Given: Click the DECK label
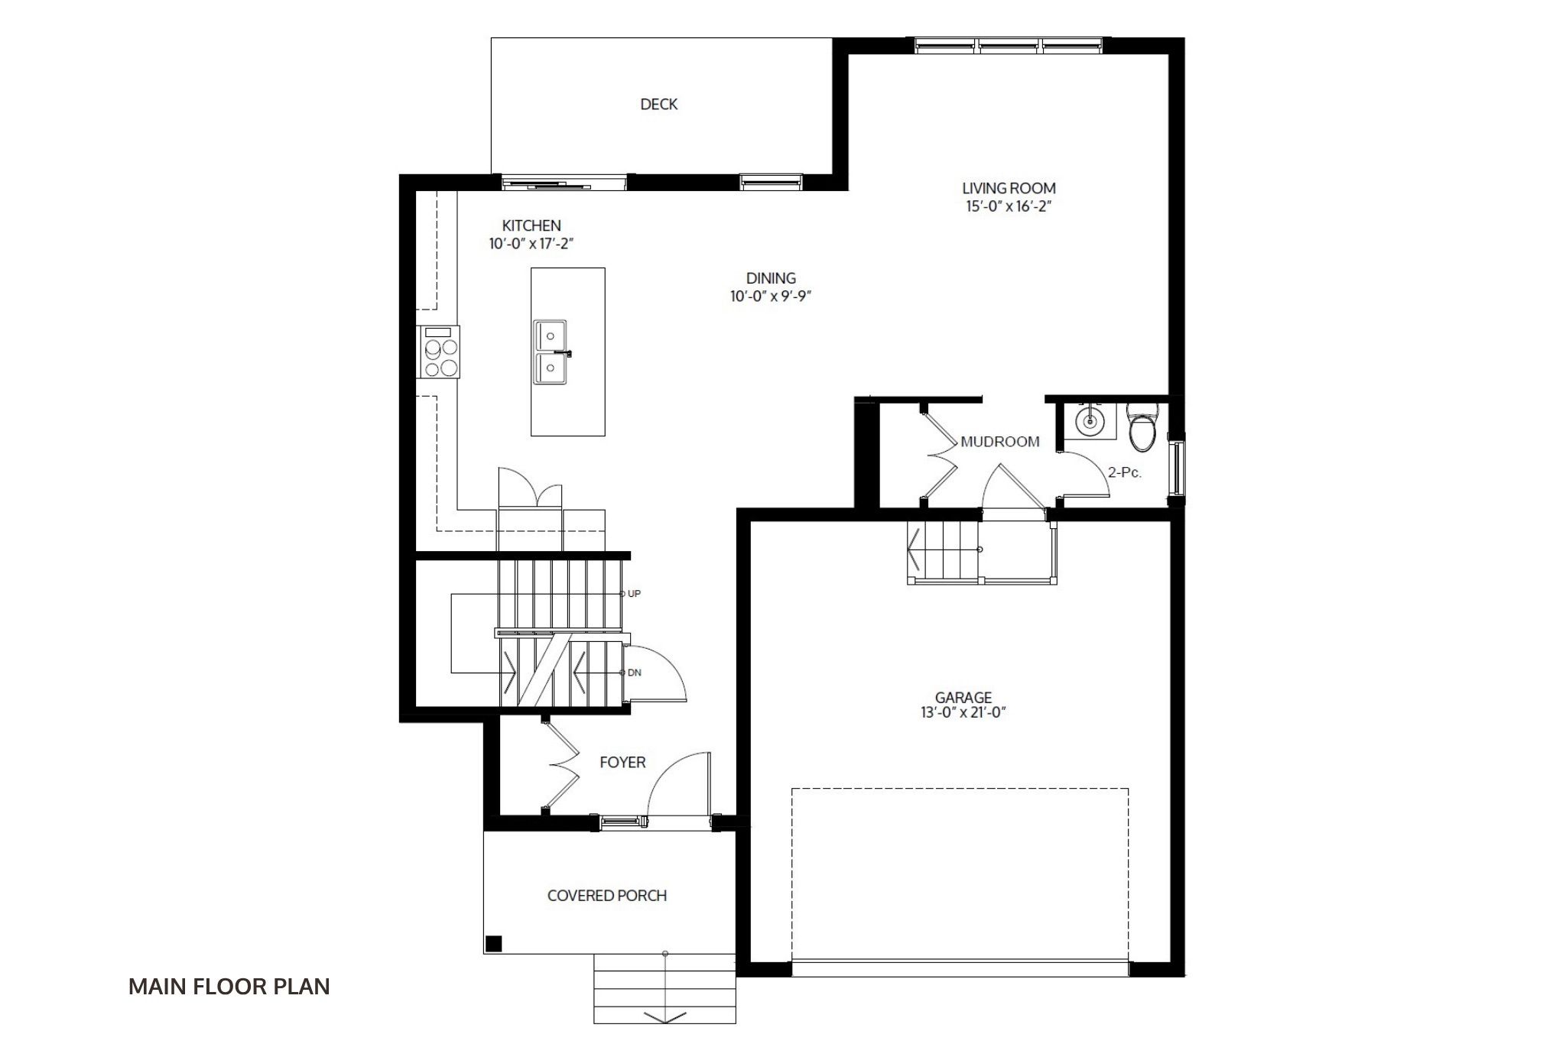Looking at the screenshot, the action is pyautogui.click(x=658, y=104).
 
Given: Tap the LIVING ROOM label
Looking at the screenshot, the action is pyautogui.click(x=1009, y=188).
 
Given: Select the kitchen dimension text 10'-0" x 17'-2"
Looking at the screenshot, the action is pyautogui.click(x=531, y=244).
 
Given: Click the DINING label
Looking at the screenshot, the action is pyautogui.click(x=771, y=278).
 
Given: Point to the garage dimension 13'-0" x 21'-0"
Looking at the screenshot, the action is pyautogui.click(x=963, y=712).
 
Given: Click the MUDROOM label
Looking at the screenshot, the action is pyautogui.click(x=1000, y=442).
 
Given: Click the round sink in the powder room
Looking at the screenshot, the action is pyautogui.click(x=1088, y=420).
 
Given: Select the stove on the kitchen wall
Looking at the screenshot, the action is pyautogui.click(x=438, y=352).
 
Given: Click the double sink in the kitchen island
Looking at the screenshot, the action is pyautogui.click(x=551, y=352).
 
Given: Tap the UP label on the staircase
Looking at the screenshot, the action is pyautogui.click(x=634, y=594).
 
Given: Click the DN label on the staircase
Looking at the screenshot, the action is pyautogui.click(x=634, y=673).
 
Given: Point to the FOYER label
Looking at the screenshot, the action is pyautogui.click(x=622, y=762).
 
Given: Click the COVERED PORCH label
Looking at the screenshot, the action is pyautogui.click(x=607, y=895).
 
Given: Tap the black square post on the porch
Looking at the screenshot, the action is pyautogui.click(x=494, y=943).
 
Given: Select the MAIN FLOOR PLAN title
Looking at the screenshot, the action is pyautogui.click(x=229, y=987).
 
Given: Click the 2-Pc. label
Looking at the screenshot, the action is pyautogui.click(x=1125, y=472).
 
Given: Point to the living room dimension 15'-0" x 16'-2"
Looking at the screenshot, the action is pyautogui.click(x=1009, y=206).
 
